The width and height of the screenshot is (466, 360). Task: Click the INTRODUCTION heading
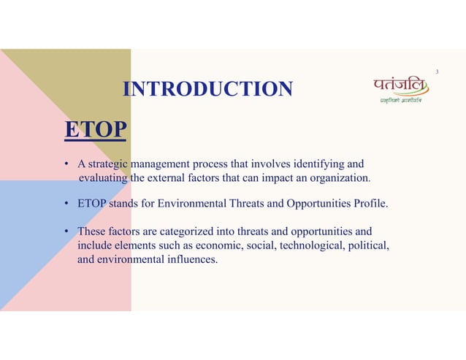pos(208,90)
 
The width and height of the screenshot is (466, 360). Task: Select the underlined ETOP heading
pos(94,130)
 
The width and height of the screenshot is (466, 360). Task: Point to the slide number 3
pos(437,72)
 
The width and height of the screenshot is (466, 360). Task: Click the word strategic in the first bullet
pos(109,164)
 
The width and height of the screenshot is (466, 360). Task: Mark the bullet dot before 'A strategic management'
pos(66,164)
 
